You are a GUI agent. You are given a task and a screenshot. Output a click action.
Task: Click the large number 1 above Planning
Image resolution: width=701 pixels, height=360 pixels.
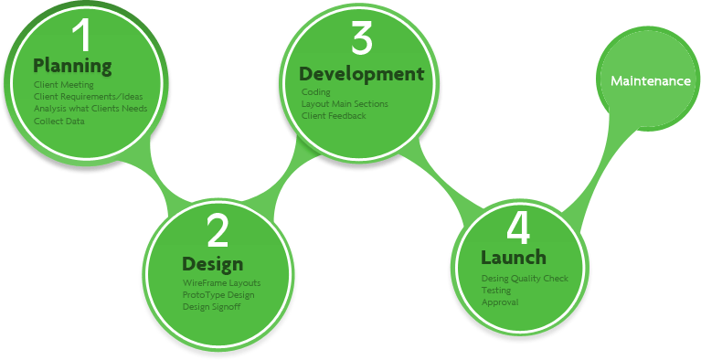pyautogui.click(x=82, y=36)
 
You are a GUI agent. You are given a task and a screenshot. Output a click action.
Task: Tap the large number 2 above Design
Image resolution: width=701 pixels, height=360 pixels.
pyautogui.click(x=218, y=232)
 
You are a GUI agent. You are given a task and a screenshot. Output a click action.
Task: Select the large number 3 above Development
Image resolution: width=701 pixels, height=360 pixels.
pyautogui.click(x=361, y=39)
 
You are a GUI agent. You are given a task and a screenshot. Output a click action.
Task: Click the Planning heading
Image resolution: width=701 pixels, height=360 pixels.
pyautogui.click(x=72, y=66)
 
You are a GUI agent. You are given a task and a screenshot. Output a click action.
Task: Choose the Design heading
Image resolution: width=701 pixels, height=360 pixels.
pyautogui.click(x=212, y=264)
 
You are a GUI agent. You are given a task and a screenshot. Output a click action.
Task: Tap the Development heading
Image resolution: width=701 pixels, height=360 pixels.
pyautogui.click(x=362, y=73)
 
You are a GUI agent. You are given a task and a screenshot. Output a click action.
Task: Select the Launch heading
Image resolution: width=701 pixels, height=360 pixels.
pyautogui.click(x=514, y=257)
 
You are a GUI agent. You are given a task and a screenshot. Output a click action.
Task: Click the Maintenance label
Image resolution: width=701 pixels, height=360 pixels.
pyautogui.click(x=651, y=81)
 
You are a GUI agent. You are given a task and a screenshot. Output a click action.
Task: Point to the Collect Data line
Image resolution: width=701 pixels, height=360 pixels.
pyautogui.click(x=59, y=121)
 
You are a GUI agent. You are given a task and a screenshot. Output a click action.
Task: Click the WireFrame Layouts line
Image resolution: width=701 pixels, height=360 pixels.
pyautogui.click(x=221, y=283)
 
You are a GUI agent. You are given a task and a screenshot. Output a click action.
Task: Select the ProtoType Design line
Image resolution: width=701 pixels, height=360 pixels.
pyautogui.click(x=218, y=295)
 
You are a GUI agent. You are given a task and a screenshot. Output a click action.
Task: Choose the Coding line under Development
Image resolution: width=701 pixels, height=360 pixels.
pyautogui.click(x=315, y=92)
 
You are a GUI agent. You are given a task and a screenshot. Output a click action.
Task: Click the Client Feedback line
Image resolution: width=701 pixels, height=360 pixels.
pyautogui.click(x=334, y=116)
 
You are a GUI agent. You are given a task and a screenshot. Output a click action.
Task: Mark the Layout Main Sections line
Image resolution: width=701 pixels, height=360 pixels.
pyautogui.click(x=345, y=104)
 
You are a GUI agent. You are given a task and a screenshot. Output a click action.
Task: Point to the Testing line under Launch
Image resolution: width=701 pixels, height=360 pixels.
pyautogui.click(x=496, y=290)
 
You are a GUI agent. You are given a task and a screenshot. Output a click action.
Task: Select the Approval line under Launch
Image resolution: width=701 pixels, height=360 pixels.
pyautogui.click(x=500, y=302)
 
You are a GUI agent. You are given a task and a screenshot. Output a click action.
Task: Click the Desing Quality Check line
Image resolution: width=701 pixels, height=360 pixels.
pyautogui.click(x=525, y=278)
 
